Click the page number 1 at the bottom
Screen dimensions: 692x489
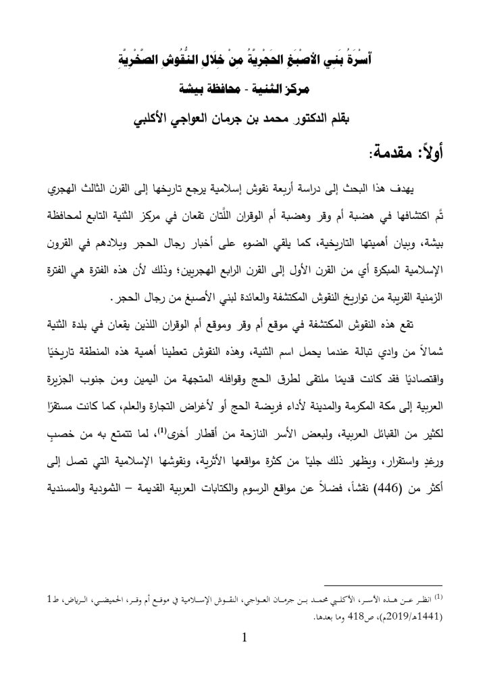click(245, 638)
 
